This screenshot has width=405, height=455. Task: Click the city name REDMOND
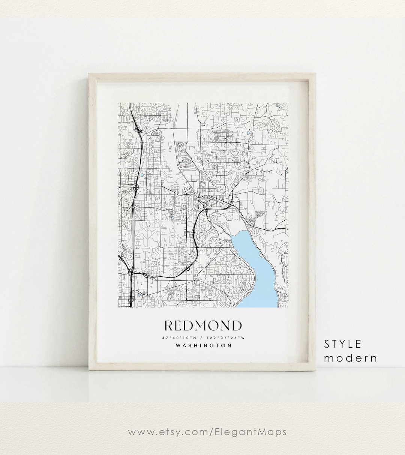(x=203, y=325)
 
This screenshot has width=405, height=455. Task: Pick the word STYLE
(x=343, y=344)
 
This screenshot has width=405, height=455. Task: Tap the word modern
(x=350, y=358)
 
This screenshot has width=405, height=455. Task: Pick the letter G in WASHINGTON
(x=212, y=346)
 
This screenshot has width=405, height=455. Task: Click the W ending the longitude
(x=243, y=338)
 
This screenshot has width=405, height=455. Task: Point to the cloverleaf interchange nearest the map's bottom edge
(x=130, y=300)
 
